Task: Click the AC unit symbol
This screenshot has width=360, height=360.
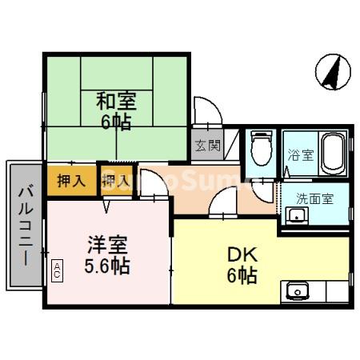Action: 57,270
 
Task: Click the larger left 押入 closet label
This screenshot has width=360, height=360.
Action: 71,182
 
